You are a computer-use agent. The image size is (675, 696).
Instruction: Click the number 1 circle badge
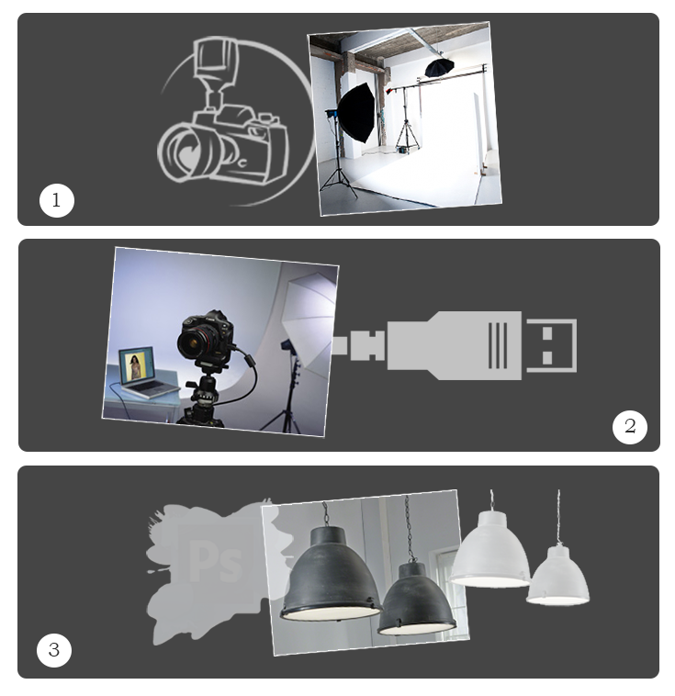(x=56, y=201)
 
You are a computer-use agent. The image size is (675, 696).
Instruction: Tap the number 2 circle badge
(x=630, y=427)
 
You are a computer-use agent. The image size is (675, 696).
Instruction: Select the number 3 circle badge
(x=54, y=650)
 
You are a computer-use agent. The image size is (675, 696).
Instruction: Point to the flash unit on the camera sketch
(x=216, y=69)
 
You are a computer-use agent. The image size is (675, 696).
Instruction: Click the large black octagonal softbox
(x=357, y=113)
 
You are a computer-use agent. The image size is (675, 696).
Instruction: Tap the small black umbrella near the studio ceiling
(x=439, y=67)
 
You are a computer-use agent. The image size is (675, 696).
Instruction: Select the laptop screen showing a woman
(x=136, y=364)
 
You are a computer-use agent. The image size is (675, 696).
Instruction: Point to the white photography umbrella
(x=309, y=316)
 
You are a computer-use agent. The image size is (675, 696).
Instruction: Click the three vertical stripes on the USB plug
(x=498, y=345)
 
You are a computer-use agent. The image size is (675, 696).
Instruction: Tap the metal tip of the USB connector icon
(x=552, y=345)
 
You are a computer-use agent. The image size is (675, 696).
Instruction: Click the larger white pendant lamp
(x=490, y=549)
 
